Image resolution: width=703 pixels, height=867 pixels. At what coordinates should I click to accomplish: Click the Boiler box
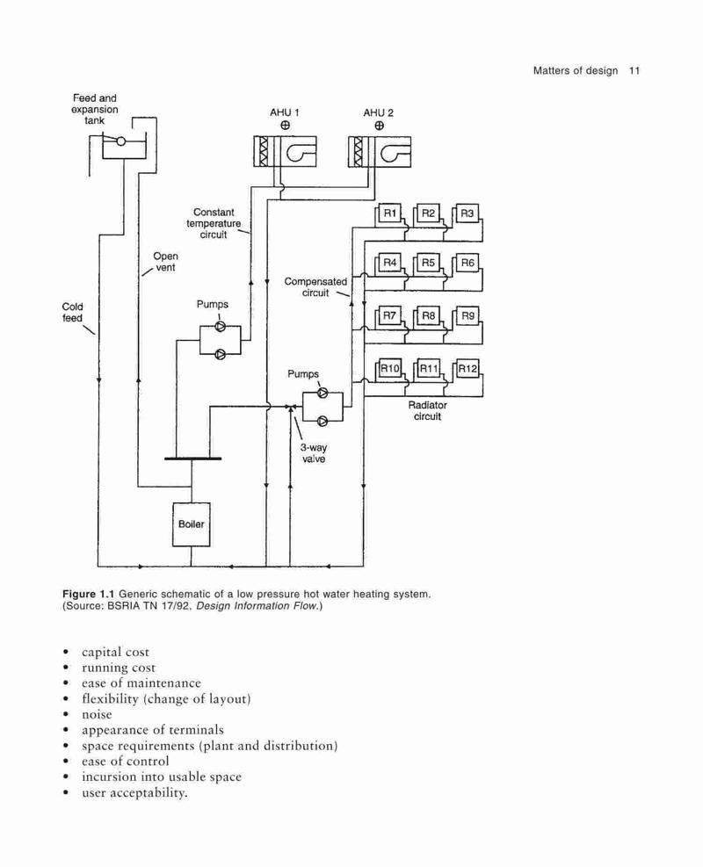click(x=191, y=524)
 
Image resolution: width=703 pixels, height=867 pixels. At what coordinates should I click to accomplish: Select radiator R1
click(x=390, y=213)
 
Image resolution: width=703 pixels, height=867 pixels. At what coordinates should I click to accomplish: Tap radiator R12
click(x=467, y=368)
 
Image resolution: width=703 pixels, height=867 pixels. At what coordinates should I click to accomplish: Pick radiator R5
click(x=428, y=263)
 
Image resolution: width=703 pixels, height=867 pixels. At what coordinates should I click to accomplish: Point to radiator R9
click(x=467, y=315)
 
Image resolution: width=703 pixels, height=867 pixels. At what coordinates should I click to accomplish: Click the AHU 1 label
click(x=285, y=112)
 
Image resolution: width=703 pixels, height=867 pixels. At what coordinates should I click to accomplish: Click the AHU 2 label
click(x=379, y=112)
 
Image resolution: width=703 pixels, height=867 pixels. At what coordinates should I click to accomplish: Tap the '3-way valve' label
click(x=314, y=453)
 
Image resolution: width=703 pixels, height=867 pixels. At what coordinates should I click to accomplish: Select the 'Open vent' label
click(x=165, y=262)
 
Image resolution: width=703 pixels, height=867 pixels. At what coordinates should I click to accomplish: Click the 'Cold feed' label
click(x=72, y=313)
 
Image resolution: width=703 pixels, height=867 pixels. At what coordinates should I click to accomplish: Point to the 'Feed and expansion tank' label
click(x=95, y=109)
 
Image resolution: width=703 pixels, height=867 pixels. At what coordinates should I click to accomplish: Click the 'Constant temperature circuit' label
click(x=214, y=223)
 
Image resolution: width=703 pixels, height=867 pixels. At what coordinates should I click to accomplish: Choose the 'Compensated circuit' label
click(x=315, y=287)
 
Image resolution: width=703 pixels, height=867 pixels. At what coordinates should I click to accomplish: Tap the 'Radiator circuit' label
click(x=428, y=411)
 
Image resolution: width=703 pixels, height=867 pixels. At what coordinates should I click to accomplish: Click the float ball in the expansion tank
click(x=121, y=141)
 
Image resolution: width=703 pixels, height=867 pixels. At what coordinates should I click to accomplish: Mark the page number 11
click(x=634, y=71)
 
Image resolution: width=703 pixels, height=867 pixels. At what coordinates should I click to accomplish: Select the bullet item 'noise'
click(x=97, y=714)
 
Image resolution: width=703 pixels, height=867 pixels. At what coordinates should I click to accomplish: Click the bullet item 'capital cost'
click(x=116, y=653)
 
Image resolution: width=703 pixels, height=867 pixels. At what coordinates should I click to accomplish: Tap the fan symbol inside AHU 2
click(x=395, y=152)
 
